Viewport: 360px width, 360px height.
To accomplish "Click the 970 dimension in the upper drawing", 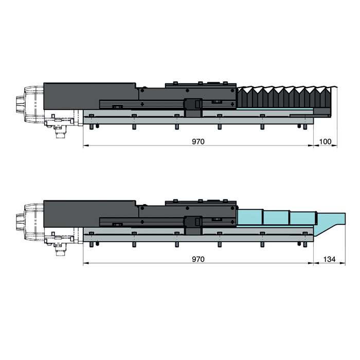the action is point(198,141).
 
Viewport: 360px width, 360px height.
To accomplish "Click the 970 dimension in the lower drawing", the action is point(198,259).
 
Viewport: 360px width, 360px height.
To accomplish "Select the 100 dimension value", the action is point(326,141).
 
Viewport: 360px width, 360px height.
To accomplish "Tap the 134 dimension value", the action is point(330,259).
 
